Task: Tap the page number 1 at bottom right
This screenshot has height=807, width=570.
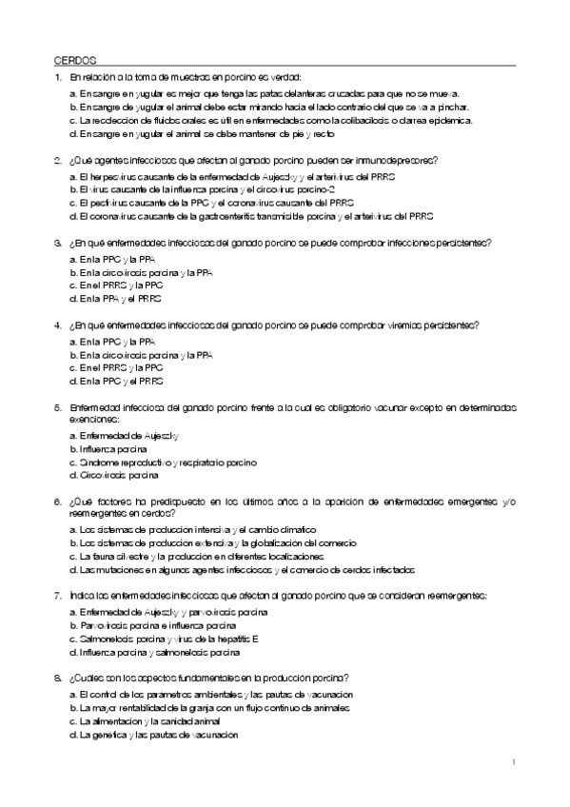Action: (x=513, y=762)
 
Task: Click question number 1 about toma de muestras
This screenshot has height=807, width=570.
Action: (x=59, y=77)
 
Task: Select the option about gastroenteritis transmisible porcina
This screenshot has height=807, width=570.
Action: (x=251, y=216)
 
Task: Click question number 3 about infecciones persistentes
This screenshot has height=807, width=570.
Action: (x=59, y=243)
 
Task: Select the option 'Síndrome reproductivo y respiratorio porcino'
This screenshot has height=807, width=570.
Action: (x=162, y=461)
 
